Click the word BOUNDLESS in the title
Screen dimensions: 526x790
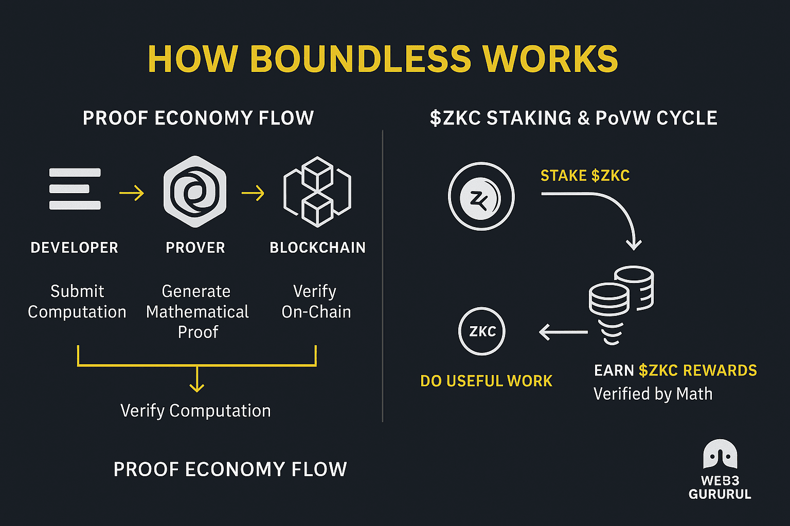pyautogui.click(x=360, y=59)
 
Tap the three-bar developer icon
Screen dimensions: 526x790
pyautogui.click(x=75, y=189)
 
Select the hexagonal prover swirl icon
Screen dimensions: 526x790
pyautogui.click(x=195, y=192)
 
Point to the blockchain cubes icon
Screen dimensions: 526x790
pyautogui.click(x=317, y=192)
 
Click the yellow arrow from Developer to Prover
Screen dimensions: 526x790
pyautogui.click(x=132, y=193)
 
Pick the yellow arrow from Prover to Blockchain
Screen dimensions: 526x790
pyautogui.click(x=253, y=193)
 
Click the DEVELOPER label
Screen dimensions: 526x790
pyautogui.click(x=75, y=248)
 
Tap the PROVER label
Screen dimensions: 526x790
pyautogui.click(x=195, y=248)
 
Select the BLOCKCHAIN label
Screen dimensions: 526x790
pyautogui.click(x=317, y=248)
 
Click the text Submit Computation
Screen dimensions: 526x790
pyautogui.click(x=77, y=302)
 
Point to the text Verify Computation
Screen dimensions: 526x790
pyautogui.click(x=195, y=410)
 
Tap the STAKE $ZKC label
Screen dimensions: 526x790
pyautogui.click(x=585, y=176)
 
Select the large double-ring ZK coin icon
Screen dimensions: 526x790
pyautogui.click(x=481, y=197)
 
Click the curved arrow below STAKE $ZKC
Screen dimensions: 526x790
pyautogui.click(x=607, y=211)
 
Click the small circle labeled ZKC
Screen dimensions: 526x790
pyautogui.click(x=482, y=331)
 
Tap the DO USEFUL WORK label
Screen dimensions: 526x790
pyautogui.click(x=486, y=381)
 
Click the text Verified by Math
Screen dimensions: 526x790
pyautogui.click(x=653, y=394)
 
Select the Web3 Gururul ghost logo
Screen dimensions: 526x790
pyautogui.click(x=720, y=455)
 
